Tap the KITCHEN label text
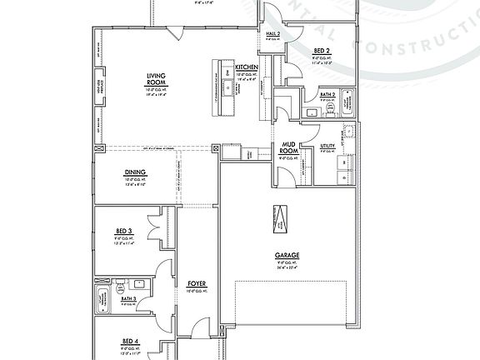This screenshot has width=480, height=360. [x=247, y=67]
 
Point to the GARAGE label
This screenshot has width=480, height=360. [x=287, y=256]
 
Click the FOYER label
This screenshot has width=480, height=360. [x=197, y=284]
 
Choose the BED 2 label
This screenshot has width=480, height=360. [x=322, y=51]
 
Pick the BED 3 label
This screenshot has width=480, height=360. [x=123, y=230]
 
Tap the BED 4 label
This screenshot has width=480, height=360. [x=129, y=341]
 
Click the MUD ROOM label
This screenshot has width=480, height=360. [x=288, y=147]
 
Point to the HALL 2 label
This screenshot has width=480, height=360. [x=272, y=34]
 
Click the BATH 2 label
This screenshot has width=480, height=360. [x=327, y=95]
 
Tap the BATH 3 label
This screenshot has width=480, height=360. [x=129, y=298]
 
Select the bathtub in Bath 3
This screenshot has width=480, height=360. [x=102, y=296]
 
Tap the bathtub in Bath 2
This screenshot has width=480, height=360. [x=349, y=104]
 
